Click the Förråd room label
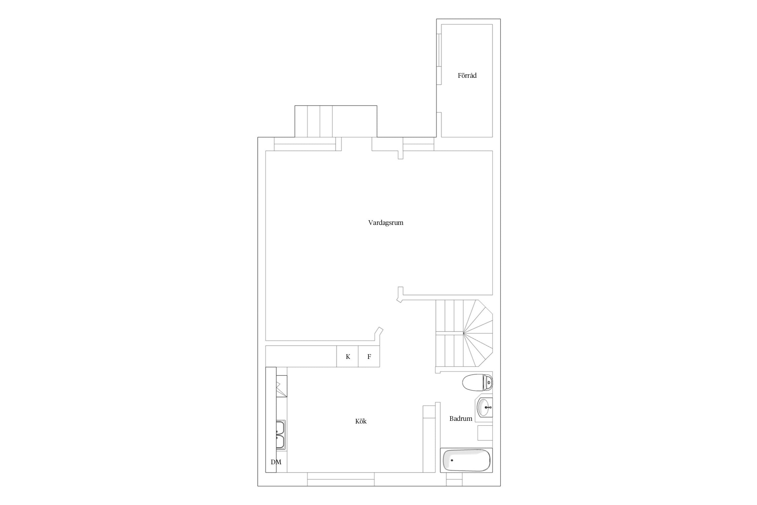click(467, 75)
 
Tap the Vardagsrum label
click(386, 223)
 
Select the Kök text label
click(361, 421)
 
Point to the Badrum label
click(461, 418)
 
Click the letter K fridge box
click(347, 357)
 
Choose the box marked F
click(369, 357)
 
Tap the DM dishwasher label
click(276, 462)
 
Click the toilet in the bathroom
click(477, 382)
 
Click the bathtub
click(466, 460)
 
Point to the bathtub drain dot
click(452, 460)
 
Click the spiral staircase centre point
click(463, 333)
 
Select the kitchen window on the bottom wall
click(341, 479)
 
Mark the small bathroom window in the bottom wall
click(454, 479)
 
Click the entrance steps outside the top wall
click(336, 121)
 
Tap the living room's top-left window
click(305, 144)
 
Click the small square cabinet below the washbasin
click(485, 433)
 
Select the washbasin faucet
click(489, 407)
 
